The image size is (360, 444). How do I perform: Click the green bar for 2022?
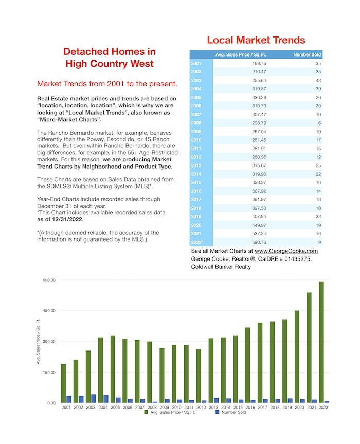click(x=321, y=342)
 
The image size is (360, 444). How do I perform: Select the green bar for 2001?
click(x=63, y=384)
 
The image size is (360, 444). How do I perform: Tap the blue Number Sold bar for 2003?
click(x=94, y=398)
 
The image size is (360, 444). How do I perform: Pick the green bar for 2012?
click(x=199, y=376)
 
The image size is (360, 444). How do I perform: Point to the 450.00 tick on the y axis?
click(x=49, y=310)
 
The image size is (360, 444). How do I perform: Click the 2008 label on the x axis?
click(x=152, y=407)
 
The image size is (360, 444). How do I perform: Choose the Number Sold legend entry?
click(x=231, y=412)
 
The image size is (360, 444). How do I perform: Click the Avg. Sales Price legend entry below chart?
click(x=170, y=412)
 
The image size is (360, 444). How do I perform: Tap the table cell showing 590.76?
click(x=259, y=242)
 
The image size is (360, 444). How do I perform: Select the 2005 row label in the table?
click(x=196, y=98)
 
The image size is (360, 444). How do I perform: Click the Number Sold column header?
click(x=307, y=54)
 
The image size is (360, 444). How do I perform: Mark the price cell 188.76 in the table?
click(x=259, y=63)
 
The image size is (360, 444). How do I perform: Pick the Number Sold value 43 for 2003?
click(x=318, y=80)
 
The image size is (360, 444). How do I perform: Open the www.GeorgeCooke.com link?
click(x=286, y=251)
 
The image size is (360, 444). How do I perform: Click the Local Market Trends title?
click(x=256, y=40)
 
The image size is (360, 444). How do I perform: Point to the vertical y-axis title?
click(x=38, y=342)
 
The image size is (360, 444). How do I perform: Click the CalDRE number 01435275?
click(x=298, y=259)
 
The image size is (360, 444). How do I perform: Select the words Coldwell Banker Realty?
click(x=221, y=267)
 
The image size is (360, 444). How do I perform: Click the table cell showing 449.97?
click(x=259, y=225)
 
